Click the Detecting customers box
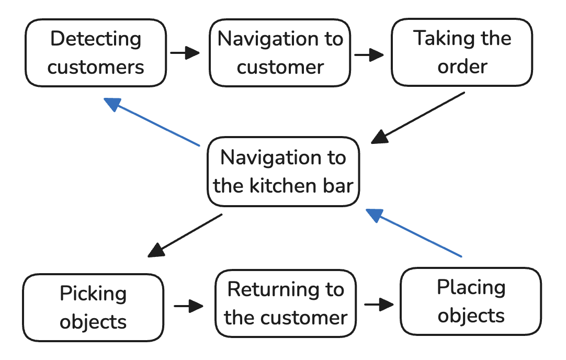tap(96, 52)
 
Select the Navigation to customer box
tap(280, 52)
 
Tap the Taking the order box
tap(462, 52)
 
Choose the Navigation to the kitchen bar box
tap(284, 172)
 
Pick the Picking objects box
tap(94, 308)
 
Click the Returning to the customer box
tap(286, 304)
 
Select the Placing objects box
tap(471, 302)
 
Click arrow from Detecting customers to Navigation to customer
tap(185, 53)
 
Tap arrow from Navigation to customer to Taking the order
tap(369, 54)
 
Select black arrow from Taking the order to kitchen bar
tap(418, 117)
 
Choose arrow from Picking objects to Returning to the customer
tap(188, 306)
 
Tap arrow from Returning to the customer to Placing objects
tap(379, 304)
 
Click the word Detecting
tap(96, 39)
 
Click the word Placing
tap(471, 288)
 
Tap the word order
tap(462, 67)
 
